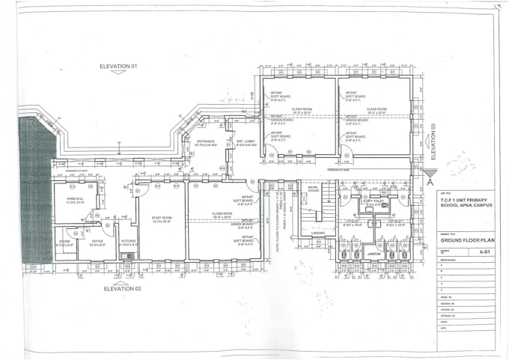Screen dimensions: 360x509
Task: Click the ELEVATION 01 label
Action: point(119,67)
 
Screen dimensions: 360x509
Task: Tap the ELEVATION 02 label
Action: point(123,287)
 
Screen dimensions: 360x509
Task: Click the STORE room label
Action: point(64,242)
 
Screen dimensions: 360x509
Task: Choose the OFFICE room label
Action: point(97,242)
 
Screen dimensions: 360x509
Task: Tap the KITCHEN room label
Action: point(128,242)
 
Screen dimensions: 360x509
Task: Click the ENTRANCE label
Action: point(206,141)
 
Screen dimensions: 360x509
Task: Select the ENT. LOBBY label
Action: point(246,141)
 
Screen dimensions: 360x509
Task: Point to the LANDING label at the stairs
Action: point(317,233)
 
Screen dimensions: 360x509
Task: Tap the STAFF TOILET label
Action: point(373,201)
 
